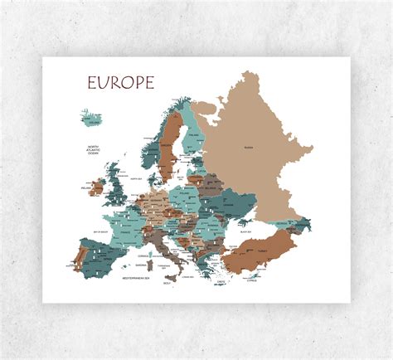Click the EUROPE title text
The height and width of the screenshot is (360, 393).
point(120,83)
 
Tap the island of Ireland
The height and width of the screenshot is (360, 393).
point(98,187)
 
